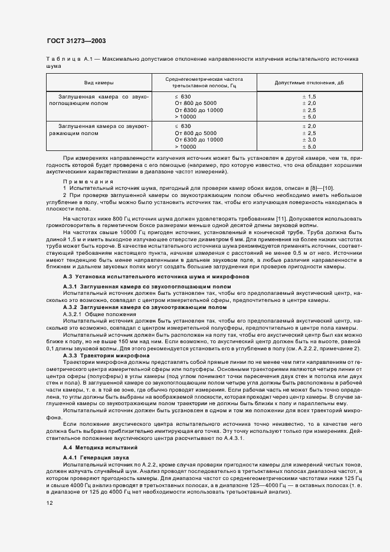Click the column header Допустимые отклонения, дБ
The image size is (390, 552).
(x=312, y=83)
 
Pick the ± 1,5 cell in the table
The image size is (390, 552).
(x=310, y=96)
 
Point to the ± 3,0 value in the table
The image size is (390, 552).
(x=310, y=140)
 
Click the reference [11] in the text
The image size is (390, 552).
(x=280, y=218)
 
